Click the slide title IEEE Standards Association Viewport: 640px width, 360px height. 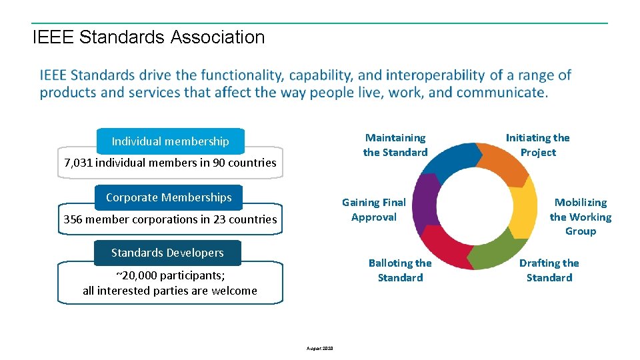[148, 37]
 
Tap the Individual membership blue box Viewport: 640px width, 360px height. [170, 141]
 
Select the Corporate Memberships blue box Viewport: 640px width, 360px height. [169, 197]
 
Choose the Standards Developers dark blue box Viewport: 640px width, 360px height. [167, 253]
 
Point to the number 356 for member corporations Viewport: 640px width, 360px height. [73, 219]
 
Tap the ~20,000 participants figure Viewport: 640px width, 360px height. [137, 276]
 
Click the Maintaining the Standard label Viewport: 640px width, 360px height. [395, 145]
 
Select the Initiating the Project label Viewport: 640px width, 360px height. [537, 145]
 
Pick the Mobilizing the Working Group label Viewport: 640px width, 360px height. [580, 217]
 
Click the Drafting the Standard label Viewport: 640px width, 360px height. [549, 270]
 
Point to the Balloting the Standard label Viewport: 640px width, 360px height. [400, 270]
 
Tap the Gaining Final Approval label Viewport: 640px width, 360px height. [373, 209]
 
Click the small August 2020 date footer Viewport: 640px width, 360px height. [320, 349]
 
